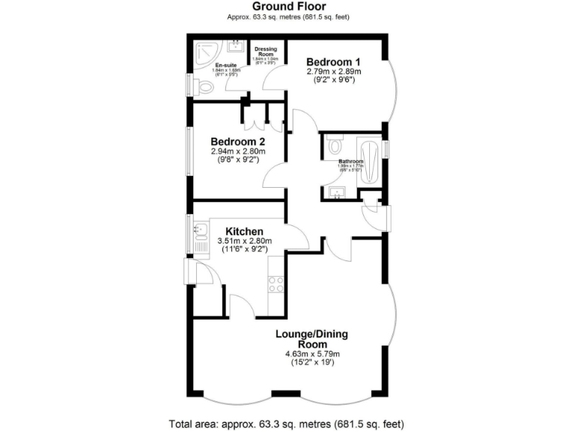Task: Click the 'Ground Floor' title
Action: (x=287, y=7)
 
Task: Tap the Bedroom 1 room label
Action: (x=334, y=61)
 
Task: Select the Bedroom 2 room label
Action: (x=238, y=141)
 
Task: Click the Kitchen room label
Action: (x=243, y=231)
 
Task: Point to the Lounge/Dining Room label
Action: (x=312, y=339)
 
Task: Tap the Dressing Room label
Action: (x=267, y=52)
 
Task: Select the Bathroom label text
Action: (x=350, y=162)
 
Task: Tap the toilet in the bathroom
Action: (x=335, y=145)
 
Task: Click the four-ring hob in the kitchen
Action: (x=274, y=284)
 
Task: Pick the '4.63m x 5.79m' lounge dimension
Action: (x=312, y=354)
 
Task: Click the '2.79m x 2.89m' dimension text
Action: (x=334, y=72)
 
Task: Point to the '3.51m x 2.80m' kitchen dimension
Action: (x=244, y=241)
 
